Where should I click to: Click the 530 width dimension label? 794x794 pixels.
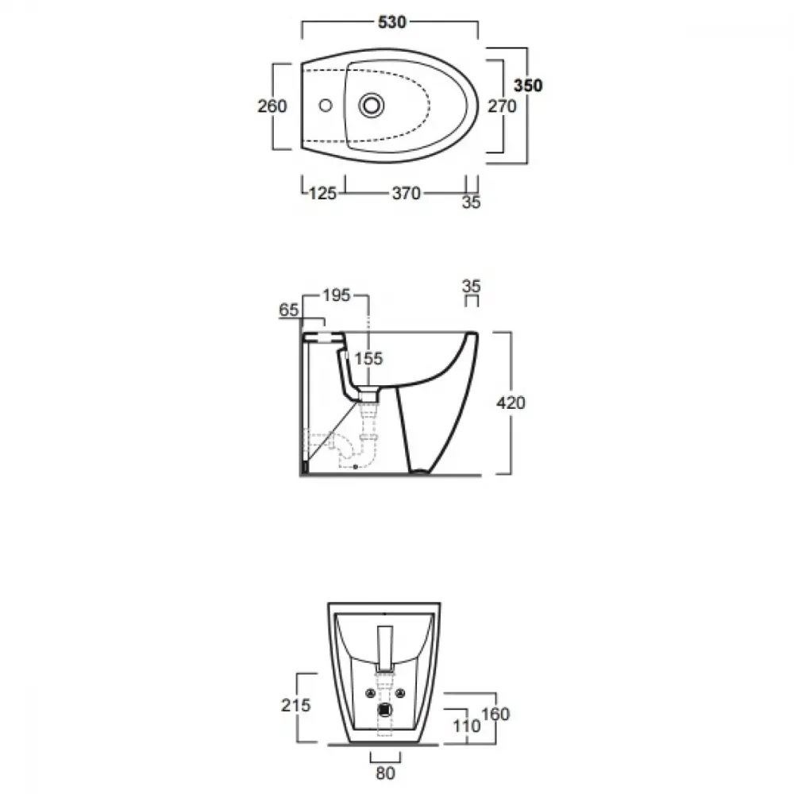392,22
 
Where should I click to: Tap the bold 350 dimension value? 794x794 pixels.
528,86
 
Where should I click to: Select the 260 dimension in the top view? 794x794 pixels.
272,106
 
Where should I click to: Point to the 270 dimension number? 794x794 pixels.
502,106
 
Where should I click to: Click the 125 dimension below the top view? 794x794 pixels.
322,194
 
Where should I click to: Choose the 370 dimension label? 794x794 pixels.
406,194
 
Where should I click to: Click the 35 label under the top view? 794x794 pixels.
471,202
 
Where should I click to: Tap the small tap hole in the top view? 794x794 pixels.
326,106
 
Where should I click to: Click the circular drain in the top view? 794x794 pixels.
371,106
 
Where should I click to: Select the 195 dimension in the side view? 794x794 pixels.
337,295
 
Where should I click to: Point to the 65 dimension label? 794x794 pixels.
289,310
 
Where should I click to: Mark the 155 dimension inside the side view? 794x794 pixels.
368,359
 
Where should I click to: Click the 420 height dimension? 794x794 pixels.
511,403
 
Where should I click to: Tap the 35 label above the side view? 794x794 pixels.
471,286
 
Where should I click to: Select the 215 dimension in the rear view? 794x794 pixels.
295,705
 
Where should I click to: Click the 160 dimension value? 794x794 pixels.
495,714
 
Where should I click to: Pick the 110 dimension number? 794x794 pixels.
466,727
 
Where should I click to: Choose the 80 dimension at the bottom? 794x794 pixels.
385,773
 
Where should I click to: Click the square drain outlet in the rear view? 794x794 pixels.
385,710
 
